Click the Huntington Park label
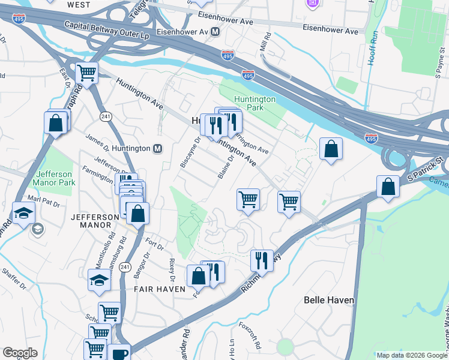pyautogui.click(x=255, y=103)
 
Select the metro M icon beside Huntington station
pyautogui.click(x=158, y=149)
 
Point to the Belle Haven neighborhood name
pyautogui.click(x=329, y=299)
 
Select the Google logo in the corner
pyautogui.click(x=20, y=353)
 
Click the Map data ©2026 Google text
pyautogui.click(x=412, y=355)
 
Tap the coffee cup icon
pyautogui.click(x=119, y=353)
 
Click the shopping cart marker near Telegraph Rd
pyautogui.click(x=87, y=73)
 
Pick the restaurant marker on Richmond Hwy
pyautogui.click(x=261, y=260)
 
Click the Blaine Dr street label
pyautogui.click(x=226, y=166)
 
